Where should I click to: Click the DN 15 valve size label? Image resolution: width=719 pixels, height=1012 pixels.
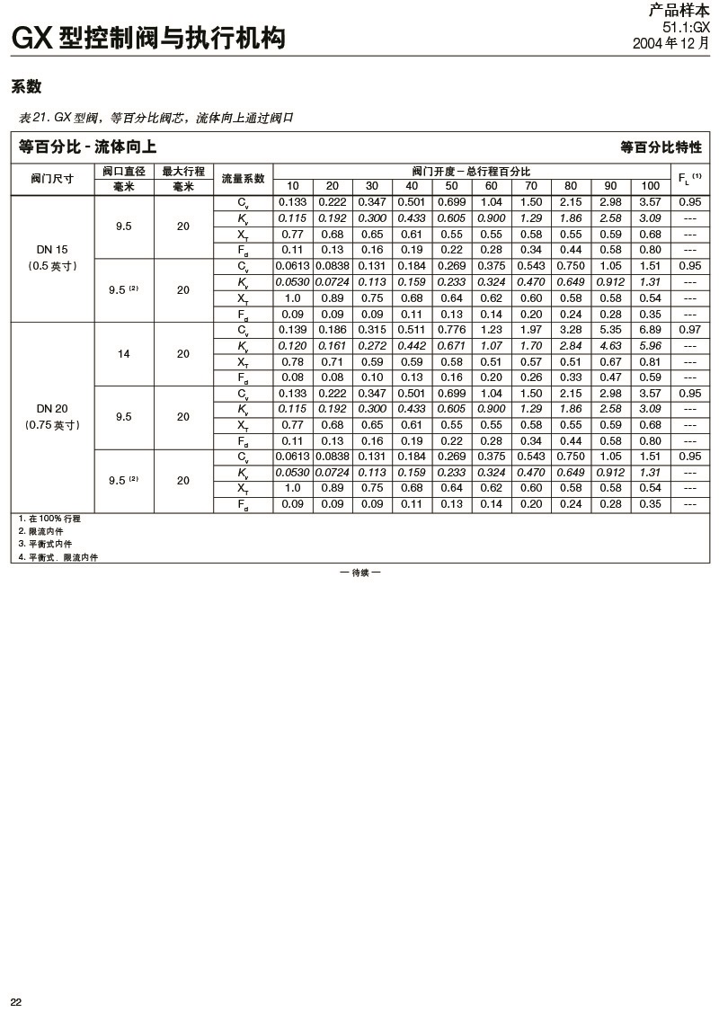52,249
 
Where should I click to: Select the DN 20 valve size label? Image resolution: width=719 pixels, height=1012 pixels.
52,409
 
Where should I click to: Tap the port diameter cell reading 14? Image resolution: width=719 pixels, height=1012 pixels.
124,353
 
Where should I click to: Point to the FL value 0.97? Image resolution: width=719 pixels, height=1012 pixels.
690,331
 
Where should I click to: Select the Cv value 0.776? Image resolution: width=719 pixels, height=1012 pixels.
451,331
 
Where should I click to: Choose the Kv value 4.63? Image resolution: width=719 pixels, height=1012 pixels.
611,346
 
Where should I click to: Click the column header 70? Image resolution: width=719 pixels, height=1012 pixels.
531,186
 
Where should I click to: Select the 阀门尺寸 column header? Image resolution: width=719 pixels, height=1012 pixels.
52,179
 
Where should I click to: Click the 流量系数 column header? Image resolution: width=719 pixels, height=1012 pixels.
243,179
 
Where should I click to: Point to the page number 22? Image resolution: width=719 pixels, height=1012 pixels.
16,1002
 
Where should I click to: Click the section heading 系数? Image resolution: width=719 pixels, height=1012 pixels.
27,88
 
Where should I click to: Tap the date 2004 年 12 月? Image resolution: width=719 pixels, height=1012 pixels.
670,42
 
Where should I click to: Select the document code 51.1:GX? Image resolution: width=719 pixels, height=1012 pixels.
686,29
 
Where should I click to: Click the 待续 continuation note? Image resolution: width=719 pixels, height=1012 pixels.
359,573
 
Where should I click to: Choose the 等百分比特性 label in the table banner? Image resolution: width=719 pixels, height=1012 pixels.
661,146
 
